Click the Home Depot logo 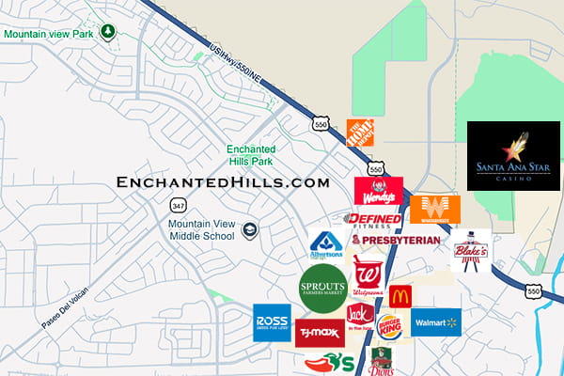coord(361,133)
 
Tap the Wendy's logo coord(378,191)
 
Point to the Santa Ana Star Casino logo coord(513,156)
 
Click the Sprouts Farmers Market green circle coord(323,287)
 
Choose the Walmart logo coord(435,322)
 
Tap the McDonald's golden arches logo coord(399,296)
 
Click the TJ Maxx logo coord(320,333)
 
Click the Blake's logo coord(471,250)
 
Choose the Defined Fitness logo coord(373,220)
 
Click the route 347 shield coord(178,204)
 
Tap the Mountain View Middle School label coord(202,229)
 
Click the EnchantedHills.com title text coord(223,181)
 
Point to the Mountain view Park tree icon coord(108,32)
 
